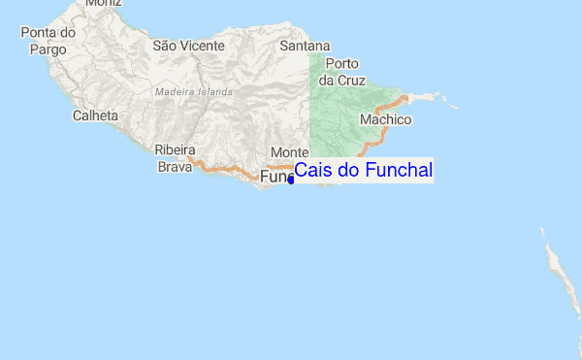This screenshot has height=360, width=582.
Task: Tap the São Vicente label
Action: (x=188, y=45)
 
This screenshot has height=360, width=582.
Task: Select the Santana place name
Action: (x=305, y=46)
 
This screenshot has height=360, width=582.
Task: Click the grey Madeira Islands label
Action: (x=194, y=92)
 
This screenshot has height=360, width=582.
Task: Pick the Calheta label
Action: (x=95, y=115)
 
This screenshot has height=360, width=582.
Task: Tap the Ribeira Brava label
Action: (x=176, y=158)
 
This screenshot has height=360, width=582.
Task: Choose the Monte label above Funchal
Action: (x=289, y=152)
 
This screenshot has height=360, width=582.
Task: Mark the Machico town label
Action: (x=385, y=119)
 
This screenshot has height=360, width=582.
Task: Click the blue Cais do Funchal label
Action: (x=363, y=171)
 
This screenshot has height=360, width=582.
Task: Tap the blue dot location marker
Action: (x=291, y=180)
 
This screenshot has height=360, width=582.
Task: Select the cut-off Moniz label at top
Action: (x=104, y=4)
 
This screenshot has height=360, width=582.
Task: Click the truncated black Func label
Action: (x=275, y=178)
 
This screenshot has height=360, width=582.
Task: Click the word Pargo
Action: (x=48, y=48)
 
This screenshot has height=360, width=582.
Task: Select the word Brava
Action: (x=176, y=167)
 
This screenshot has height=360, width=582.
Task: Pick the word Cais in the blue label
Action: (x=310, y=171)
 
